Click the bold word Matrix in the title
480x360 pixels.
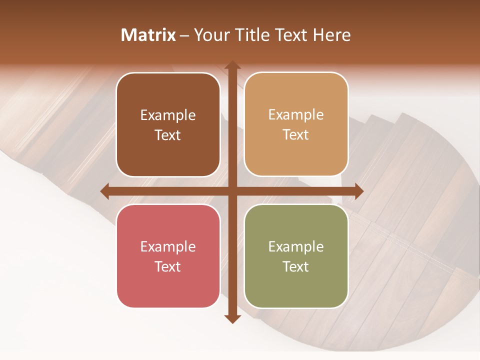click(x=148, y=35)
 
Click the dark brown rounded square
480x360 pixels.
click(x=168, y=124)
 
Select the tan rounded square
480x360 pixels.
click(x=296, y=124)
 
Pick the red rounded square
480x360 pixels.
click(x=168, y=256)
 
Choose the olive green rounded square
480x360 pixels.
click(x=296, y=256)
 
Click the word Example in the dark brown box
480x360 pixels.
click(x=168, y=115)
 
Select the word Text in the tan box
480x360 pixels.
click(x=296, y=135)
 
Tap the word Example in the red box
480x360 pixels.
click(x=168, y=246)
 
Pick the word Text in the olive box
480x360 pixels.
click(x=296, y=266)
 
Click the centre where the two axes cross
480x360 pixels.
click(x=232, y=191)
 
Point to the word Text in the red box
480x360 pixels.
click(x=168, y=266)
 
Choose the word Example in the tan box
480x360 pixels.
click(x=296, y=115)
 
